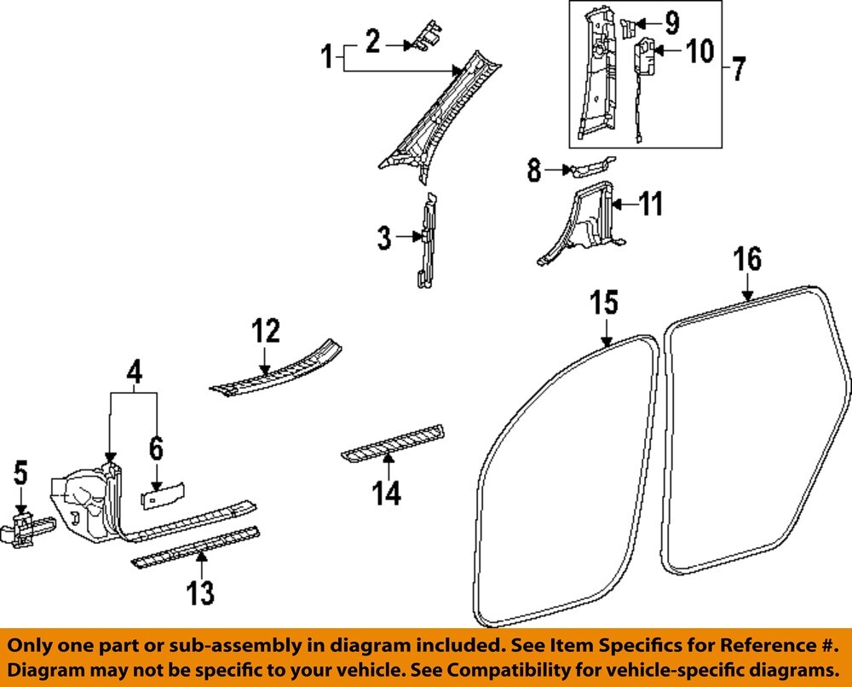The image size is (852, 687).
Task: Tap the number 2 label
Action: pos(372,40)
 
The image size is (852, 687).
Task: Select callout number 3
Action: pos(384,238)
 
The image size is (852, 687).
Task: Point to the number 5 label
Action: pos(20,474)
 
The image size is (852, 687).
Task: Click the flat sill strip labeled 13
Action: pos(196,547)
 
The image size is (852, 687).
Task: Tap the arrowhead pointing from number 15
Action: pos(607,344)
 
